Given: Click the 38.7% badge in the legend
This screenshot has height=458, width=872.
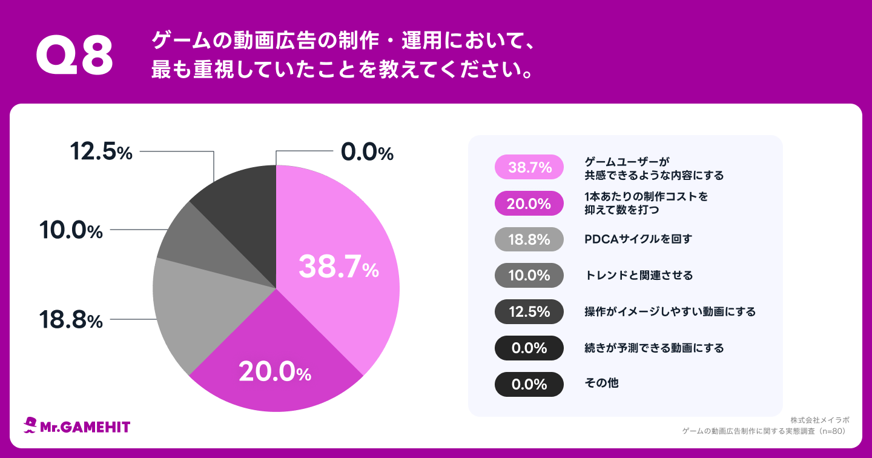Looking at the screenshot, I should click(529, 167).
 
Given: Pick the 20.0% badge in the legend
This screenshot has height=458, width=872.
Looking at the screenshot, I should click(529, 204).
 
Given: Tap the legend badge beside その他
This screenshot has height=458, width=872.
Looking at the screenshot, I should click(529, 384).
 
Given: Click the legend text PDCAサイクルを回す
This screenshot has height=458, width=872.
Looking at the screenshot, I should click(638, 239).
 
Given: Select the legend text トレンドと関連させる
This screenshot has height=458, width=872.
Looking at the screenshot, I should click(638, 276).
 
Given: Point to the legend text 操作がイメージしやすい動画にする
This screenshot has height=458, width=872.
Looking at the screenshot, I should click(670, 312).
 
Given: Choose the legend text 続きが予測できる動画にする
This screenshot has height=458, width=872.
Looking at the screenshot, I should click(654, 348).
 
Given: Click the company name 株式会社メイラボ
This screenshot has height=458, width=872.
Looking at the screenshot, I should click(819, 420).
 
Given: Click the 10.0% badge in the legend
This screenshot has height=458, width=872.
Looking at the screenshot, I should click(529, 276).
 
